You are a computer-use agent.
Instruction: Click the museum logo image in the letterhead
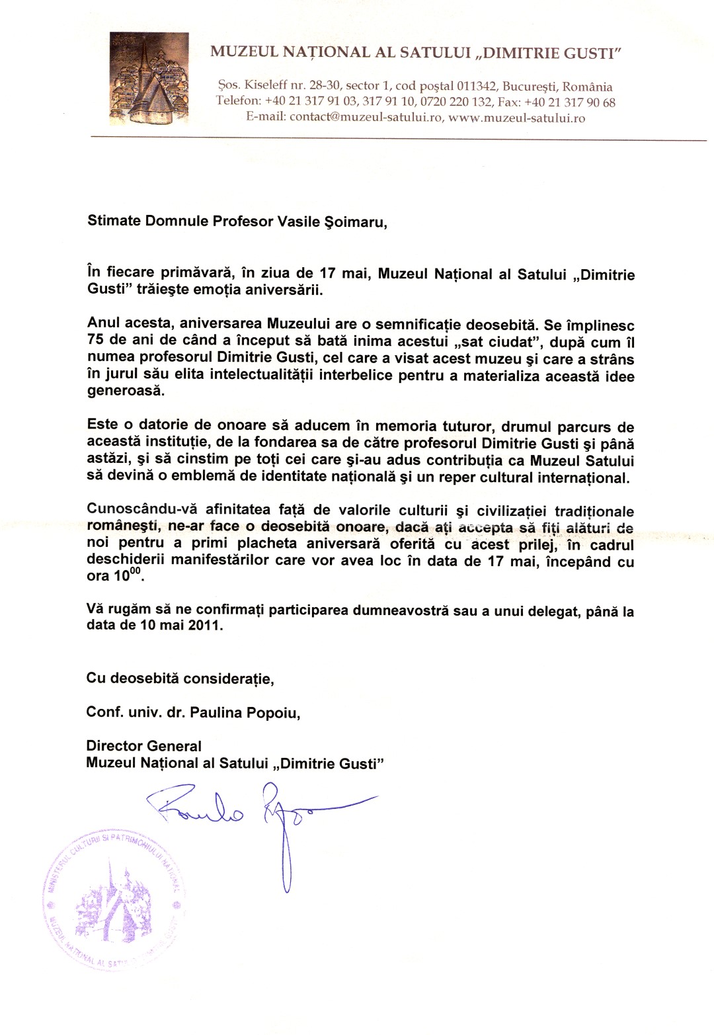coord(149,79)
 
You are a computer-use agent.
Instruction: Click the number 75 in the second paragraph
coord(97,342)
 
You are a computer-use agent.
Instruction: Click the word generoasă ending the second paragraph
coord(124,392)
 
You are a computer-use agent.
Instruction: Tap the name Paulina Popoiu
coord(245,712)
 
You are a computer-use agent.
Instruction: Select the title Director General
coord(143,746)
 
